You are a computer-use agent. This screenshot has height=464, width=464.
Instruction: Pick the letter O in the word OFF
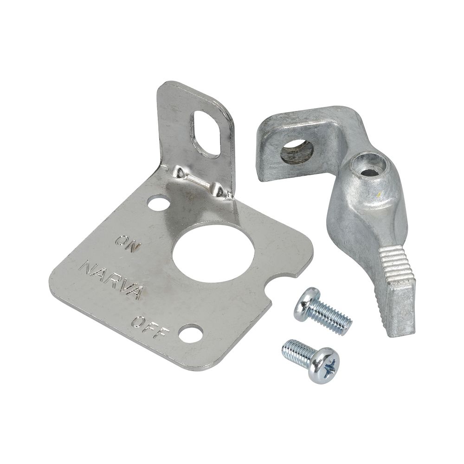tap(139, 321)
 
